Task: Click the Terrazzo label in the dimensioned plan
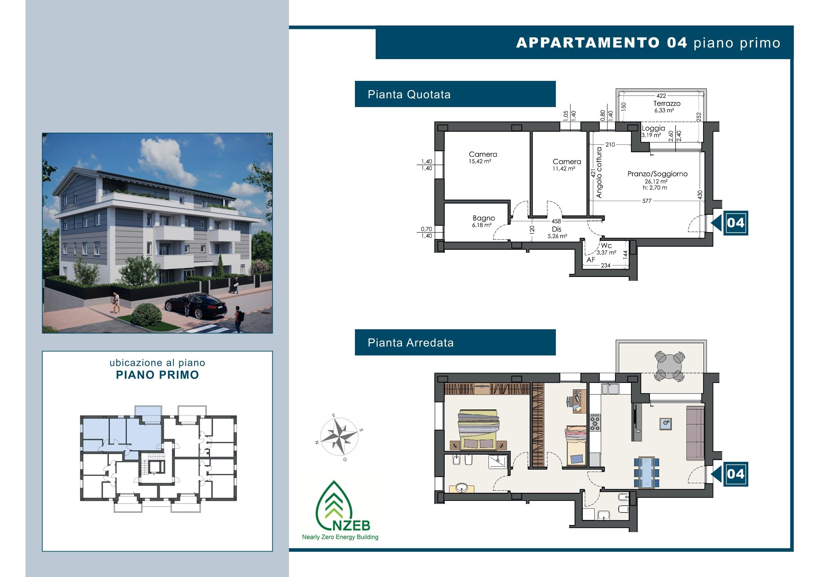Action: (x=667, y=103)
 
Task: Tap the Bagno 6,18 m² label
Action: (x=483, y=221)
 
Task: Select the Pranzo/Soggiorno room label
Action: (x=658, y=174)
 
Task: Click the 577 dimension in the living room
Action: (x=647, y=201)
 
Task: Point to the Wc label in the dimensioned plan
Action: (x=606, y=246)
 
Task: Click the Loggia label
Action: (x=653, y=128)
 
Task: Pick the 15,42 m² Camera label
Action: (x=483, y=157)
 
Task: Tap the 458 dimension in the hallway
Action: (x=556, y=221)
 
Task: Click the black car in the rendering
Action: (x=196, y=305)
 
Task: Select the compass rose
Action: (x=339, y=437)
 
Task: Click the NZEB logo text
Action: (x=351, y=525)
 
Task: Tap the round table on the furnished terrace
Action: (x=669, y=366)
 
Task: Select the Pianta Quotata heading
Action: (x=409, y=94)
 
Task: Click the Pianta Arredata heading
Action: (x=411, y=343)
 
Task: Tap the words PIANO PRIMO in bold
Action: (x=157, y=375)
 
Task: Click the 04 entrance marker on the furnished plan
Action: (x=735, y=474)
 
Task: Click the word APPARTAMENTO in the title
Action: (x=588, y=43)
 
